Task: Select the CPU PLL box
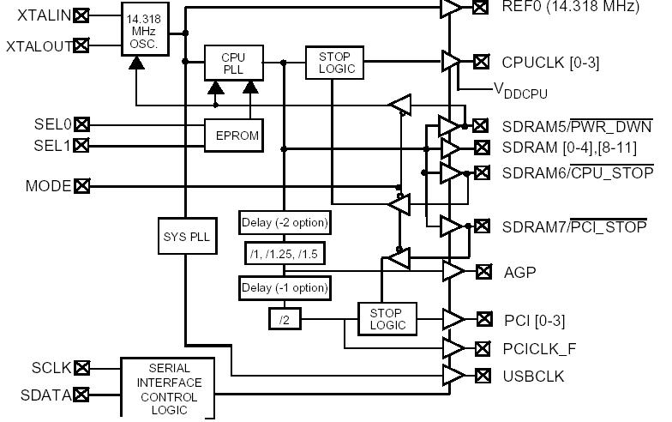pos(232,63)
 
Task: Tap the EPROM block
pos(231,134)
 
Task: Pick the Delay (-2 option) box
pos(284,222)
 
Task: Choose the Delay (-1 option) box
pos(284,287)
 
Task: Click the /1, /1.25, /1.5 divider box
pos(284,255)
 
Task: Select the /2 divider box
pos(284,319)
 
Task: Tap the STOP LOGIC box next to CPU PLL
pos(334,62)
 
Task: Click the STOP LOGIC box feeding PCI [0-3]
pos(387,318)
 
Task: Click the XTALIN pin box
pos(81,15)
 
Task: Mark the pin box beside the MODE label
pos(81,185)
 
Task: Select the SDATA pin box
pos(81,395)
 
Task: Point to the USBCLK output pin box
pos(483,376)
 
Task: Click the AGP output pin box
pos(483,272)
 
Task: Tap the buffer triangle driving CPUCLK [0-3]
pos(450,61)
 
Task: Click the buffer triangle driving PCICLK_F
pos(451,347)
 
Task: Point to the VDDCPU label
pos(519,90)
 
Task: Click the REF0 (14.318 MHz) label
pos(570,8)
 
